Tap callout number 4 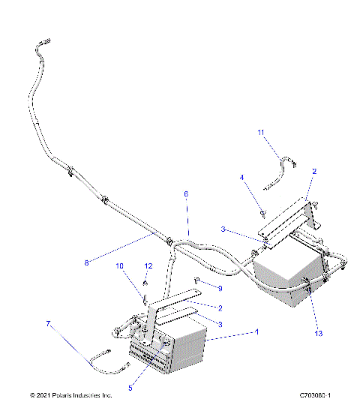[x=242, y=177]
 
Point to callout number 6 [x=186, y=194]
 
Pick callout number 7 [x=49, y=324]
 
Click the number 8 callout [x=87, y=262]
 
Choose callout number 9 [x=219, y=288]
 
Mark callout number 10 [x=118, y=266]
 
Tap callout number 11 [x=262, y=133]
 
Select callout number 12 [x=148, y=266]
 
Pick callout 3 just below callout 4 [x=224, y=229]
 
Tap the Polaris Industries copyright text [x=71, y=394]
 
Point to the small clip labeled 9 [x=198, y=280]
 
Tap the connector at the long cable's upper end [x=43, y=45]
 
